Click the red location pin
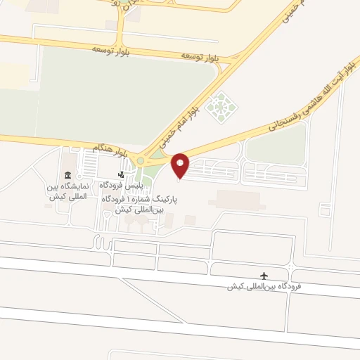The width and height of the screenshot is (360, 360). (x=181, y=165)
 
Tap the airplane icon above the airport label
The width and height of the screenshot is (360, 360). (x=264, y=275)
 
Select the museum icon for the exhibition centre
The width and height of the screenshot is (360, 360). (x=67, y=175)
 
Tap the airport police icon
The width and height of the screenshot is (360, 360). (x=121, y=174)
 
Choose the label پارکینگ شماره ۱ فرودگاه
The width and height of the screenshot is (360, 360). (x=145, y=200)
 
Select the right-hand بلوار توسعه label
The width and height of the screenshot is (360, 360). (x=197, y=55)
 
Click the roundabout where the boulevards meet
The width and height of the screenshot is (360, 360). (x=141, y=161)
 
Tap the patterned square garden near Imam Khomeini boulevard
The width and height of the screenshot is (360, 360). (x=224, y=106)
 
